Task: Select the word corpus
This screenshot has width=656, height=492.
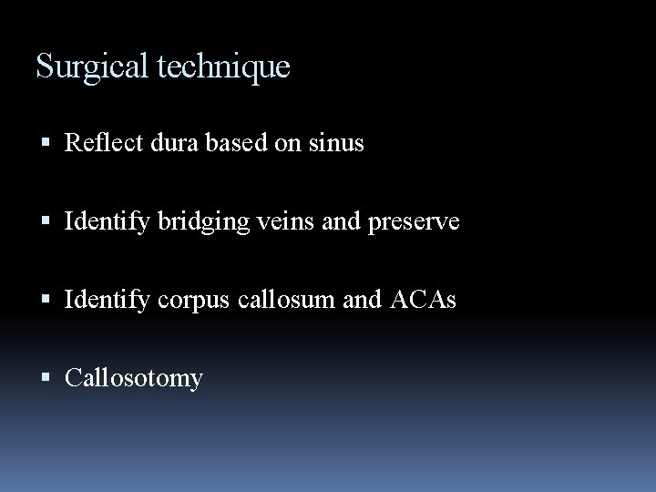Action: click(173, 300)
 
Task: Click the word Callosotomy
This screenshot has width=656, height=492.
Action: click(133, 377)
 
